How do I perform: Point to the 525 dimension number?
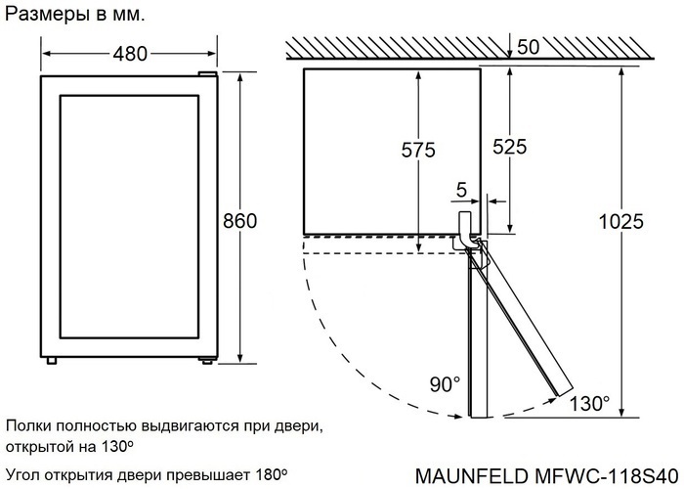coord(509,147)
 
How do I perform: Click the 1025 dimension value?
coord(620,222)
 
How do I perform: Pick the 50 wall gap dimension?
coord(529,47)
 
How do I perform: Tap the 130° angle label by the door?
coord(590,402)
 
